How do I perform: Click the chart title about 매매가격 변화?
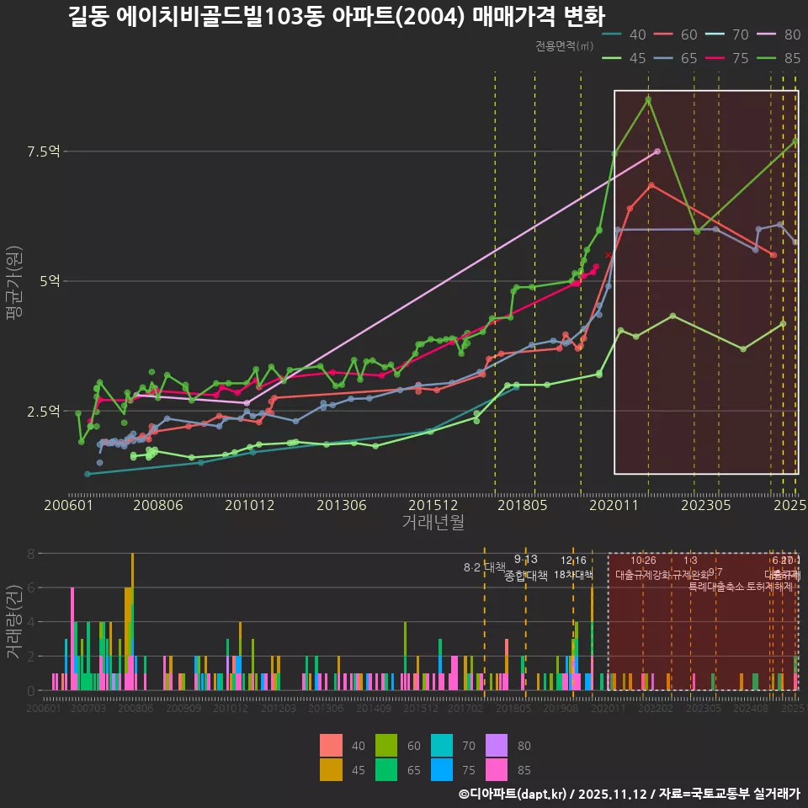336,16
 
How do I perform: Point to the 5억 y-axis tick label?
49,281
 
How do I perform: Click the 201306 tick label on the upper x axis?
340,505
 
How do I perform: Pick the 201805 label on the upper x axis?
523,505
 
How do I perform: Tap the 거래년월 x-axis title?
433,523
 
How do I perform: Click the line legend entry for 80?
779,35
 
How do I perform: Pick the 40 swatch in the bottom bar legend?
332,746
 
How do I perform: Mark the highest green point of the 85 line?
648,99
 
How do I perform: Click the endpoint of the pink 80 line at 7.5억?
657,151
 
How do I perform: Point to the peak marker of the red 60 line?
651,185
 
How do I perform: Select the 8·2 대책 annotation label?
485,567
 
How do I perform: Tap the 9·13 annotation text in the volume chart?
525,560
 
